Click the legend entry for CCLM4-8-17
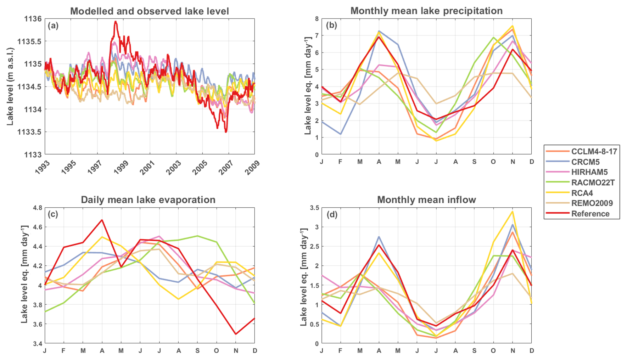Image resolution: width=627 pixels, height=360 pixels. [x=594, y=152]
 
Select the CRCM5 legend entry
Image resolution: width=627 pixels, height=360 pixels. [x=585, y=162]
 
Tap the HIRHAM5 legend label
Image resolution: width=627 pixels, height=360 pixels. [x=589, y=172]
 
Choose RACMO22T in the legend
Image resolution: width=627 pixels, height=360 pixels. [x=593, y=182]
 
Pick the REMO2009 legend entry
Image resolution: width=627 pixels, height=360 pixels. [x=592, y=203]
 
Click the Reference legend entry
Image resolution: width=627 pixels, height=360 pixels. [x=590, y=214]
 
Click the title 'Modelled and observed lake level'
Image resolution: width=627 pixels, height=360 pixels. [x=150, y=11]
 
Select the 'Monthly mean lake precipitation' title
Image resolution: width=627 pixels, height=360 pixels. [x=426, y=11]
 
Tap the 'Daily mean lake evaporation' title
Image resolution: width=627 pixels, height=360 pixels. [x=148, y=200]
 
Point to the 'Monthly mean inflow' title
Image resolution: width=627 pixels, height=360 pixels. [x=426, y=200]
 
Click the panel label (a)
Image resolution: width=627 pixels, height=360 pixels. [x=53, y=26]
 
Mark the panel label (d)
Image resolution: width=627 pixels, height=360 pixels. [x=331, y=214]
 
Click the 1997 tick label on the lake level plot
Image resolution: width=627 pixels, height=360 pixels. [x=95, y=167]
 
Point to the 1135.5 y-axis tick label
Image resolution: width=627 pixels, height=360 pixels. [x=29, y=41]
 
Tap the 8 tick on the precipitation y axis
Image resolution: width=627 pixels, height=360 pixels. [x=317, y=19]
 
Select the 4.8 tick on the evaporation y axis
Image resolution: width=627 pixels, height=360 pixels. [x=38, y=208]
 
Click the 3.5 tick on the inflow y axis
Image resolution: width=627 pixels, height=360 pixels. [x=314, y=208]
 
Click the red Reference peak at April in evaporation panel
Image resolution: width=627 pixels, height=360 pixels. [x=102, y=220]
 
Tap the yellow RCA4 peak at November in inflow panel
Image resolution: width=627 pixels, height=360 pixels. [x=512, y=212]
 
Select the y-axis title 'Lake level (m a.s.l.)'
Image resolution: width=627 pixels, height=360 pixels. [x=10, y=86]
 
